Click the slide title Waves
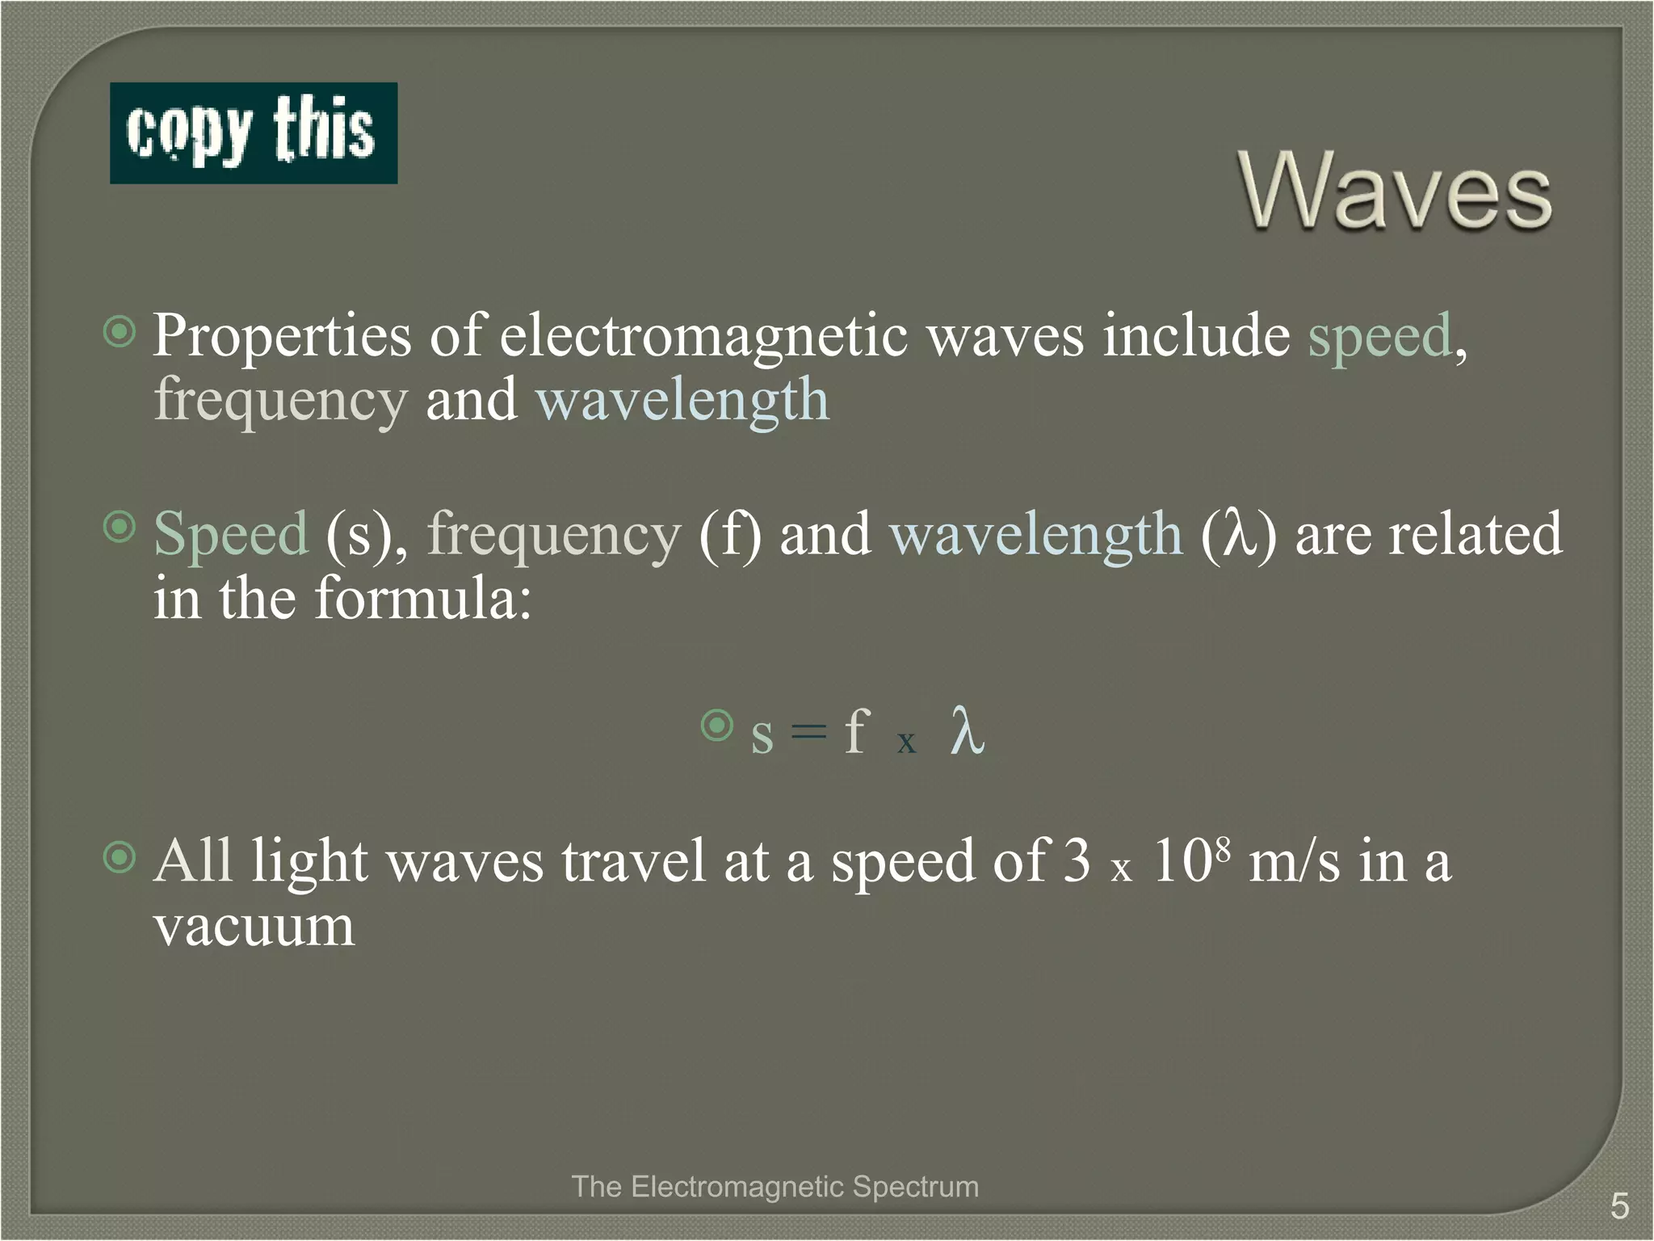[1395, 192]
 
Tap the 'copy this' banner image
[254, 133]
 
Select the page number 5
[1619, 1206]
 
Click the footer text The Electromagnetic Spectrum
[775, 1187]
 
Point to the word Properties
[282, 336]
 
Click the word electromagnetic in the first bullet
[703, 336]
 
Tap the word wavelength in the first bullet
[682, 400]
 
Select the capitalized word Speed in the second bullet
[231, 535]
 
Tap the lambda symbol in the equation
[967, 731]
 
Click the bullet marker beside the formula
[716, 726]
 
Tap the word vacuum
[254, 928]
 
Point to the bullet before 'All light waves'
[120, 857]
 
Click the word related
[1476, 535]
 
